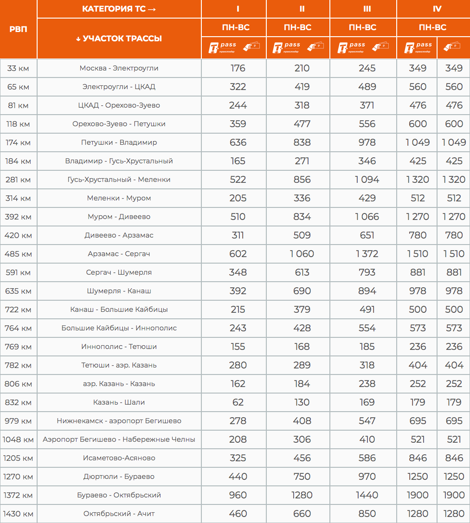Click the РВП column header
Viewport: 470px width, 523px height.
point(19,29)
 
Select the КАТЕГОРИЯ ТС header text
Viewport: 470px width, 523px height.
point(119,9)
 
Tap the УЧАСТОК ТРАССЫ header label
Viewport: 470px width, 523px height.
point(119,39)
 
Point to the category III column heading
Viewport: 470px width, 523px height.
point(363,9)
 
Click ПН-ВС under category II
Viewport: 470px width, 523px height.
point(297,27)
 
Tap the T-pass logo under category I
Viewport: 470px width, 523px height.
point(223,47)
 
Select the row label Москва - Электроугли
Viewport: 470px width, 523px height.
point(119,68)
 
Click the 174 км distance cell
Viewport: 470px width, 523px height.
point(19,142)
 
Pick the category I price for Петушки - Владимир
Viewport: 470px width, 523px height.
point(238,142)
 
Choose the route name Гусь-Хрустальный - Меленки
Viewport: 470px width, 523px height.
point(119,180)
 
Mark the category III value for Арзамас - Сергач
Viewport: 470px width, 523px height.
point(367,254)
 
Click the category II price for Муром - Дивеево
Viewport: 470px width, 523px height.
point(302,217)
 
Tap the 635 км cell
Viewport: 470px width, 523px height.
point(19,291)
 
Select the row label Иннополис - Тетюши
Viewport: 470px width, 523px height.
point(119,347)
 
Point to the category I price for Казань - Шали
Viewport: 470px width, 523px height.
point(238,402)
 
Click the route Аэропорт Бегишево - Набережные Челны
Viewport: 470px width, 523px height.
point(119,439)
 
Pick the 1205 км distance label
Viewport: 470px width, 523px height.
point(19,458)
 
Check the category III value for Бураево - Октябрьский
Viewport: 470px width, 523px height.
point(367,495)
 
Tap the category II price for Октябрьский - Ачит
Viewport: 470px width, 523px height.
point(302,514)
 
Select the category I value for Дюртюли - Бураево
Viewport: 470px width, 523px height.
point(238,477)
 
